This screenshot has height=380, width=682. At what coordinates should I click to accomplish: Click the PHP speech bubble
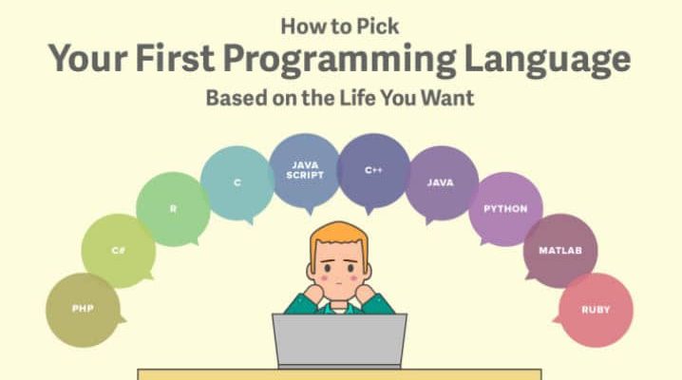tap(83, 310)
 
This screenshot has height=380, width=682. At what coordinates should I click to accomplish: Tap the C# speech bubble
tap(119, 251)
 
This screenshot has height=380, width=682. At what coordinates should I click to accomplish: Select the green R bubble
tap(173, 209)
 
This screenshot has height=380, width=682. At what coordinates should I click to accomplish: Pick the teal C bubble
tap(237, 183)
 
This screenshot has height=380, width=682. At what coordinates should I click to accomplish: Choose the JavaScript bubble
tap(305, 170)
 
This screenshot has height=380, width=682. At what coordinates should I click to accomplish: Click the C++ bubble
tap(373, 170)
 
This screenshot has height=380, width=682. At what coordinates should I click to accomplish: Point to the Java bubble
tap(441, 183)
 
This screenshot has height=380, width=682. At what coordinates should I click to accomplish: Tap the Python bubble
tap(505, 209)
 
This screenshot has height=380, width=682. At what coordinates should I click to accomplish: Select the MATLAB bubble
tap(560, 251)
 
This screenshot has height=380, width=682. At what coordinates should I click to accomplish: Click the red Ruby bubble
tap(596, 310)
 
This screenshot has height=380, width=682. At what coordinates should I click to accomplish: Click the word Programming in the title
tap(339, 61)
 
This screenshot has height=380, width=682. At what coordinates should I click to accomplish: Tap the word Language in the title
tap(548, 61)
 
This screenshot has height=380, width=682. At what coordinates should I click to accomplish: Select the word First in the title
tap(175, 58)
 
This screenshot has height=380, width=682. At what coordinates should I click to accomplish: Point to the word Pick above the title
tap(377, 26)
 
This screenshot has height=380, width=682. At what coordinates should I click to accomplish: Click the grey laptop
tap(339, 340)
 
